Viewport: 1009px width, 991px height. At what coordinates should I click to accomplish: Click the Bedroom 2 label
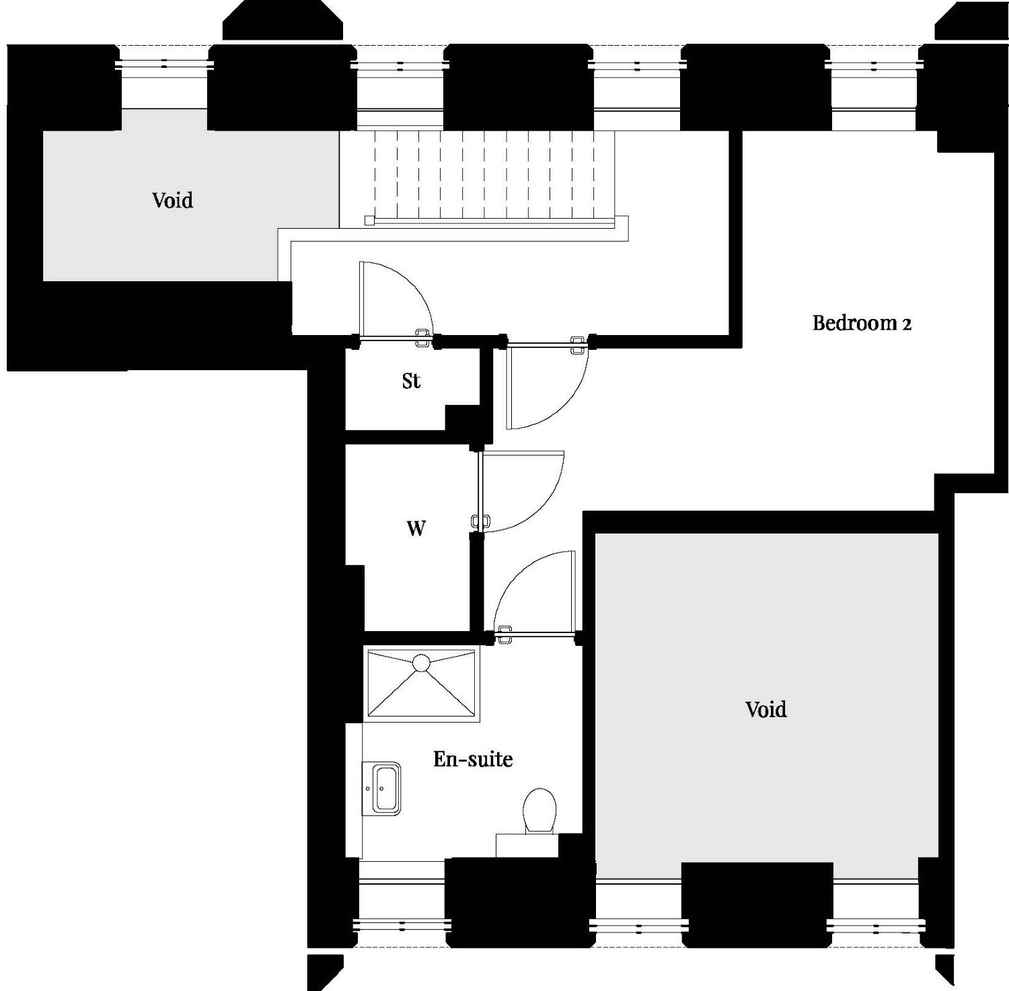[862, 323]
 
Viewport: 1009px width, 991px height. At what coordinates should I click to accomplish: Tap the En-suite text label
[473, 759]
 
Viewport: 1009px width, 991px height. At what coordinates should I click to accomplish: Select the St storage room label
[411, 381]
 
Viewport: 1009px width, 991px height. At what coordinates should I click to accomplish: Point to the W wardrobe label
[416, 529]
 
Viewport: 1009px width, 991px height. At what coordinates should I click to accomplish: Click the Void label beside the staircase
[172, 200]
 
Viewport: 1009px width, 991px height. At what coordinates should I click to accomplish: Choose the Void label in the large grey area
[766, 709]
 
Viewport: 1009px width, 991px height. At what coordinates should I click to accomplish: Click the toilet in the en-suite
[539, 811]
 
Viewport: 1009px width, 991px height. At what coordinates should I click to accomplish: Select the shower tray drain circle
[421, 663]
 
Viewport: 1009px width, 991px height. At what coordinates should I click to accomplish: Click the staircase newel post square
[369, 220]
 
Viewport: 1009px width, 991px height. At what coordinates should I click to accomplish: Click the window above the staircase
[400, 66]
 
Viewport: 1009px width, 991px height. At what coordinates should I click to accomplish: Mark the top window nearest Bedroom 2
[873, 66]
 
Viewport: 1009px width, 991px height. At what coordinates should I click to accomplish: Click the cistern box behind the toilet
[527, 846]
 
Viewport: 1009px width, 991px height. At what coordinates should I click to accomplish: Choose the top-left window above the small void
[164, 66]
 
